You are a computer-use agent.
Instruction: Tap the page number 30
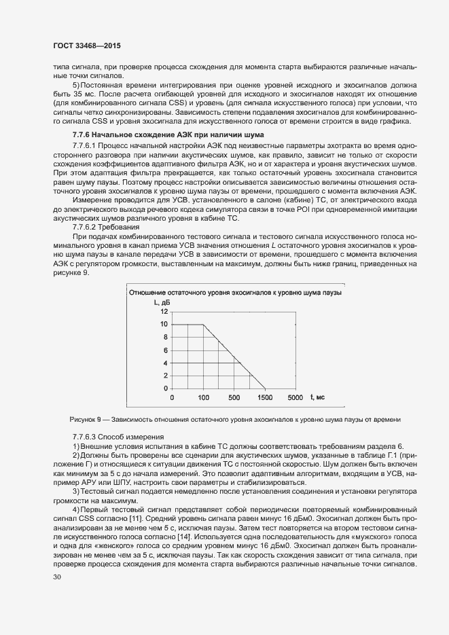[56, 577]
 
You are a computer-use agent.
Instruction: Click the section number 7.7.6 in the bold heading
[83, 136]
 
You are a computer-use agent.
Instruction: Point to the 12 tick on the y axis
[164, 311]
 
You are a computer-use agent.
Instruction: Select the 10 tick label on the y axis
[164, 324]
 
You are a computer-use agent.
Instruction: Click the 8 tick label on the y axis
[165, 337]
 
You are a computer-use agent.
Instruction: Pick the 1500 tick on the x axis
[265, 397]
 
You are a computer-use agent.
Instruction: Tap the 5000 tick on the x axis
[296, 397]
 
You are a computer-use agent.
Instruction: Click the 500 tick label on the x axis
[234, 397]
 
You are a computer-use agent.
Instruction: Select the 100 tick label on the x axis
[203, 397]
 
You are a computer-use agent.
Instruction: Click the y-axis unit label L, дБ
[161, 302]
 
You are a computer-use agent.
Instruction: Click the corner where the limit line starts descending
[203, 324]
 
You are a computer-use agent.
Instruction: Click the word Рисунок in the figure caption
[83, 419]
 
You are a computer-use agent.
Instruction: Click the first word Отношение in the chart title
[149, 293]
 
